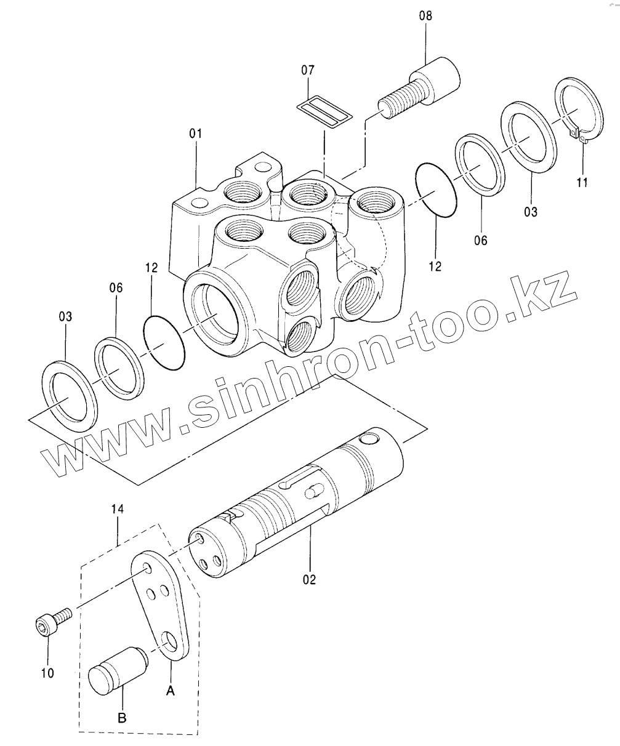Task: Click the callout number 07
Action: click(x=308, y=71)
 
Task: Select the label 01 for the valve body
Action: click(x=195, y=133)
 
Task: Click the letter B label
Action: click(x=122, y=718)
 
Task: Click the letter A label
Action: click(x=171, y=692)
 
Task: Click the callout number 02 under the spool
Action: click(x=309, y=579)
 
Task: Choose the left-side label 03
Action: click(x=65, y=316)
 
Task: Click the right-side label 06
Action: click(x=481, y=241)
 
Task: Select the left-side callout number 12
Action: click(x=152, y=268)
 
